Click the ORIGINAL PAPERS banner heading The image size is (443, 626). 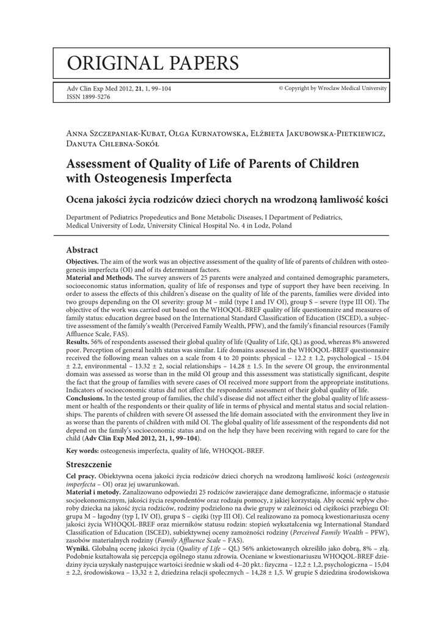[x=153, y=62]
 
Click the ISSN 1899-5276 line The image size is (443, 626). [x=88, y=97]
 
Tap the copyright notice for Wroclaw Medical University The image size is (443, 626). [x=332, y=89]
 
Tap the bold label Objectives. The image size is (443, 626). [x=84, y=262]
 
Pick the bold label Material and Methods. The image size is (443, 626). [x=100, y=278]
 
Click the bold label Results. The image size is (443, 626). [x=79, y=341]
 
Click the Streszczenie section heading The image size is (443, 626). [x=90, y=465]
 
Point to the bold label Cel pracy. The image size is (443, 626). [x=82, y=476]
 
